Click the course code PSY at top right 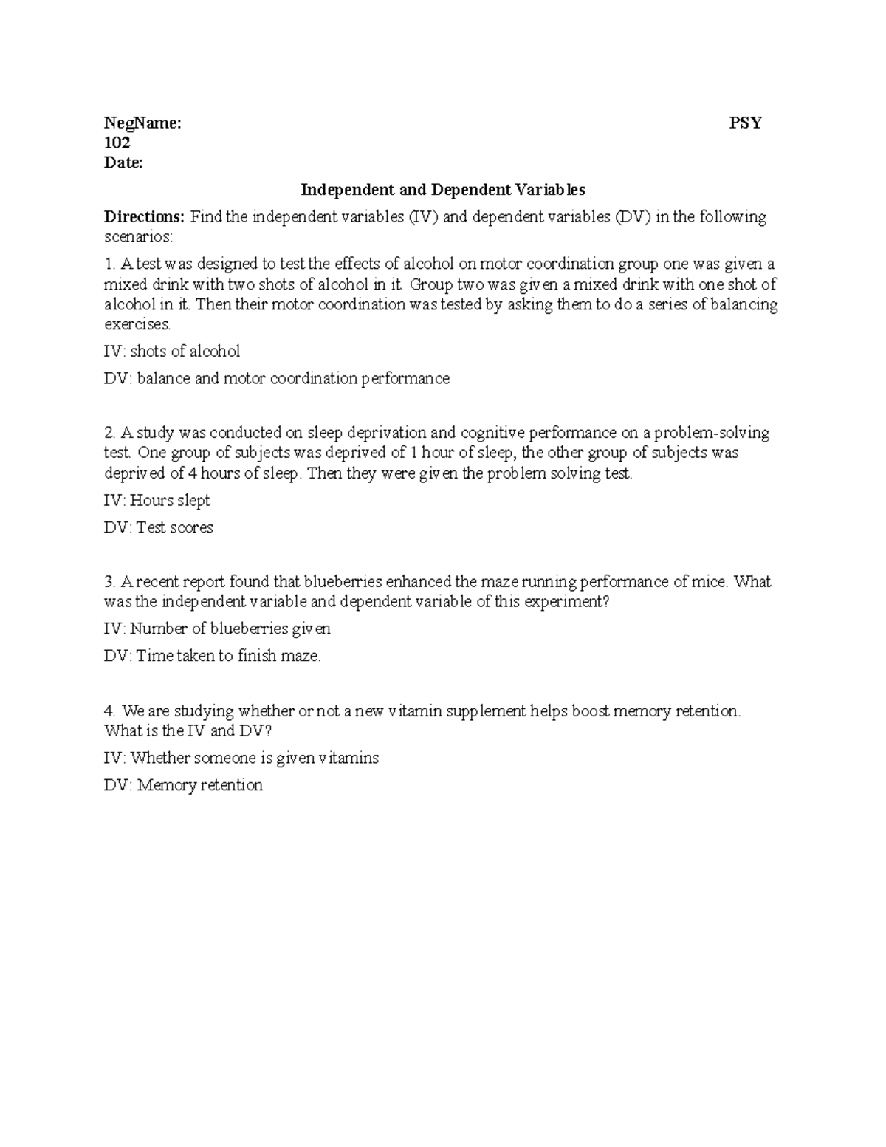[x=745, y=123]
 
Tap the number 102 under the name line [x=117, y=143]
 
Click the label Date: [x=123, y=162]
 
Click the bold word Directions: [x=144, y=217]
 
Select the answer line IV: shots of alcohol [x=172, y=352]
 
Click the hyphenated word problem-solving [x=712, y=433]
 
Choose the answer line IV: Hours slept [x=157, y=501]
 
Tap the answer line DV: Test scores [x=159, y=528]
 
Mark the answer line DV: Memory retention [x=183, y=785]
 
